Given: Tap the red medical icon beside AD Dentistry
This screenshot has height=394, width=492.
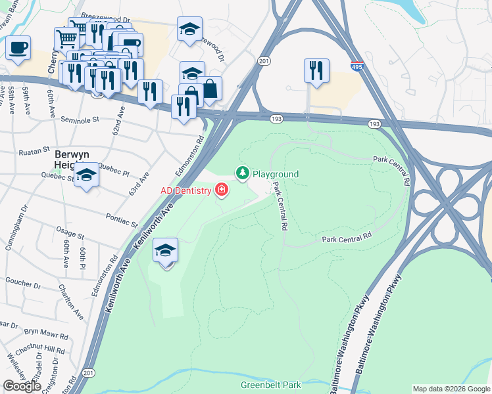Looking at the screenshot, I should [x=222, y=191].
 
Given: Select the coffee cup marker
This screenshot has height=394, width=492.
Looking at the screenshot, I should [x=18, y=48].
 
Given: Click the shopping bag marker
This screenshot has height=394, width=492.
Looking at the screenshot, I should [x=210, y=89].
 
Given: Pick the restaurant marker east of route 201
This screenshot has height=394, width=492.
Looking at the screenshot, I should [x=316, y=70].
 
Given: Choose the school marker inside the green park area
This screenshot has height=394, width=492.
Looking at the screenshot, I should [x=165, y=250].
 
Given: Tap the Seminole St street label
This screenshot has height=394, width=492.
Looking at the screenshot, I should [x=79, y=120].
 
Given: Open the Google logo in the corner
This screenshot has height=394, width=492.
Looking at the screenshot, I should [x=22, y=386].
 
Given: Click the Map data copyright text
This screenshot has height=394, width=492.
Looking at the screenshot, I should [x=451, y=389].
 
